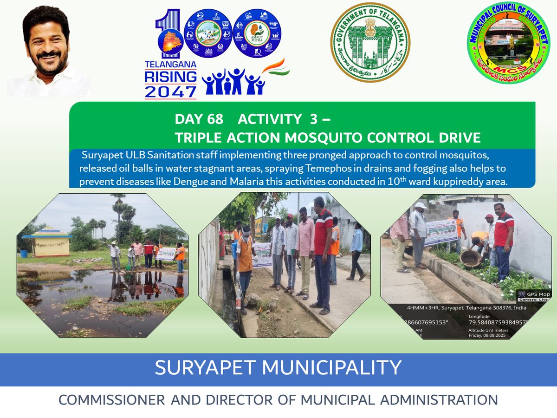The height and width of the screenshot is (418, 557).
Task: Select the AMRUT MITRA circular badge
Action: click(x=257, y=34)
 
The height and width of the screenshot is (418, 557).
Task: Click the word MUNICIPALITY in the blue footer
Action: click(x=331, y=368)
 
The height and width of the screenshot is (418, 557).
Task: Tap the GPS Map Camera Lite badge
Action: click(x=533, y=296)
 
